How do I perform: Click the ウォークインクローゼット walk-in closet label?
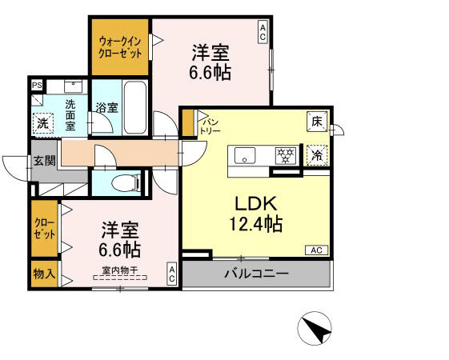[120, 47]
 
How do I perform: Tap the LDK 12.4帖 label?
[258, 212]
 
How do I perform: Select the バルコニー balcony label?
[256, 274]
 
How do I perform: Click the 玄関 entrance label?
[44, 160]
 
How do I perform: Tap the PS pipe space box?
[37, 85]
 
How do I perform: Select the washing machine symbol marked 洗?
[42, 122]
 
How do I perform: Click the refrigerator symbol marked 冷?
[317, 154]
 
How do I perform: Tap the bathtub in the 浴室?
[134, 107]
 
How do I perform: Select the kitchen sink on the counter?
[243, 154]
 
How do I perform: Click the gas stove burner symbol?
[284, 154]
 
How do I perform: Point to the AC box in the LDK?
[315, 250]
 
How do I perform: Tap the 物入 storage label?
[44, 273]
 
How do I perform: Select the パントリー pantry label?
[210, 124]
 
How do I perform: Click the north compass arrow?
[315, 329]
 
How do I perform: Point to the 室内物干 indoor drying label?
[118, 270]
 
